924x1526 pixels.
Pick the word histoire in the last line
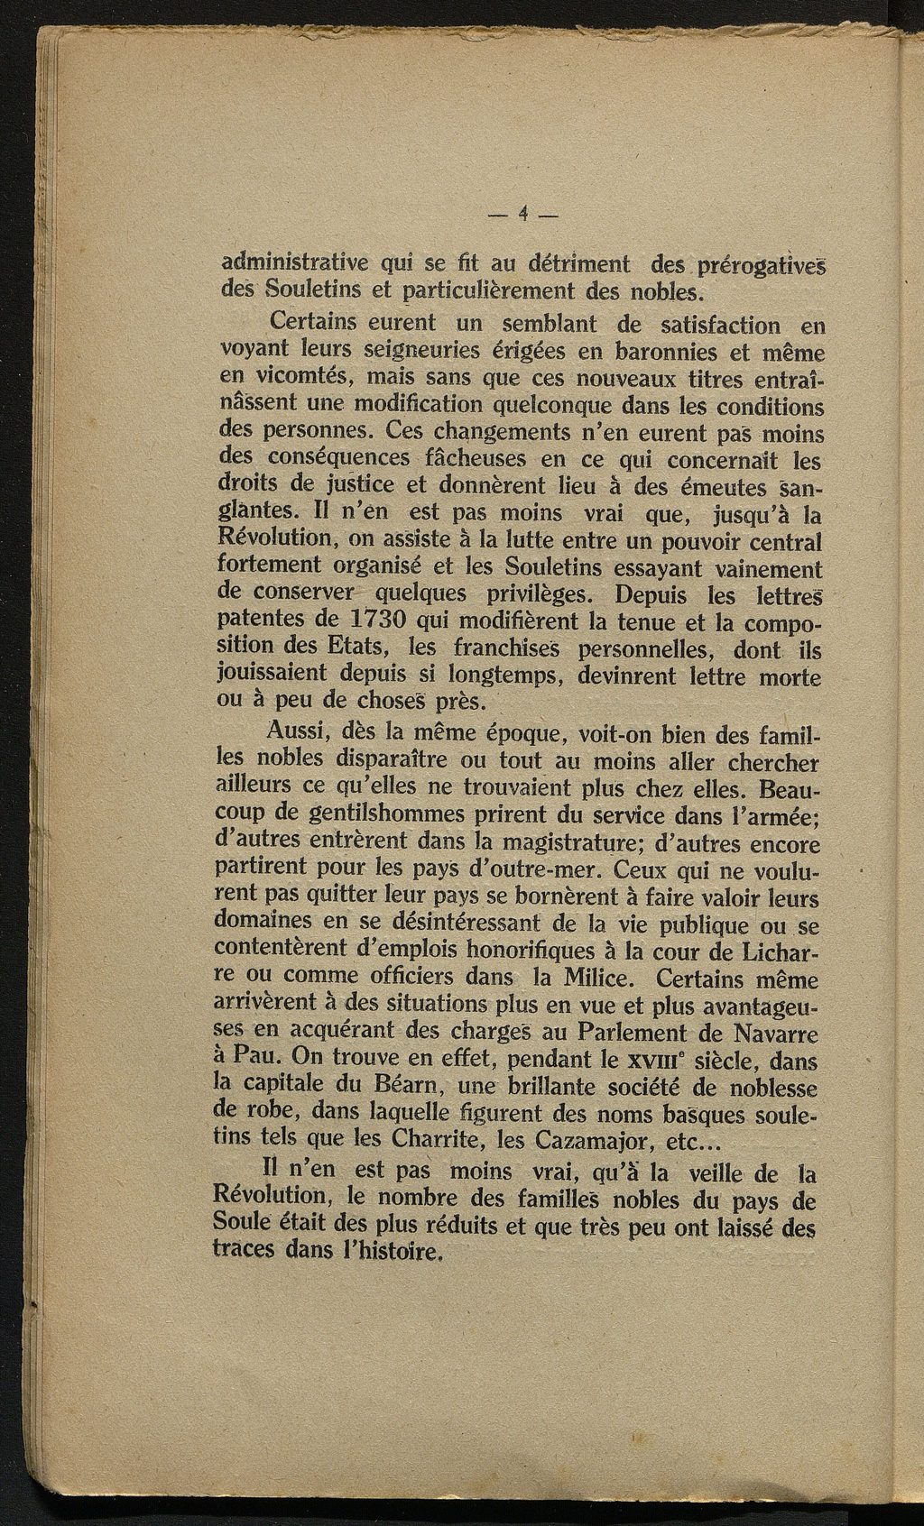[396, 1253]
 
